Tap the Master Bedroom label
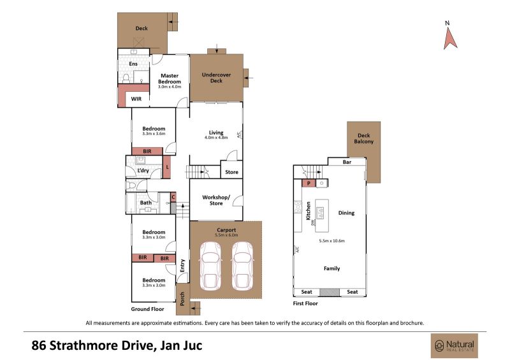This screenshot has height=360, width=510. (170, 79)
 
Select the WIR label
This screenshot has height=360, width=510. (136, 99)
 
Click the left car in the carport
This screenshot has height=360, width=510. (210, 266)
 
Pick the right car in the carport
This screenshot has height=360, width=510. (242, 266)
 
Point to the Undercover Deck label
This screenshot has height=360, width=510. (216, 77)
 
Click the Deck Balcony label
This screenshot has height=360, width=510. (363, 138)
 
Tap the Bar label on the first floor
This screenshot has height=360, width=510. (347, 162)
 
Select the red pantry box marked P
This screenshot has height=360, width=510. (309, 183)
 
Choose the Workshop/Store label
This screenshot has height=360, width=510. (216, 200)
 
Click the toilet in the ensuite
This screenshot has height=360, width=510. (126, 78)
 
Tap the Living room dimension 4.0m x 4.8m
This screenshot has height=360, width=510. (216, 138)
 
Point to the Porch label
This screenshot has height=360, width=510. (182, 299)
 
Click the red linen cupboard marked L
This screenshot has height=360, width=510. (166, 167)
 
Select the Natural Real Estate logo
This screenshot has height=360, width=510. (455, 346)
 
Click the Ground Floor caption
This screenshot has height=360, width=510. (147, 309)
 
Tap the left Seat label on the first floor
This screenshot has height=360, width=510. (307, 292)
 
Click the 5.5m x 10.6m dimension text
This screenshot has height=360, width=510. (331, 241)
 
